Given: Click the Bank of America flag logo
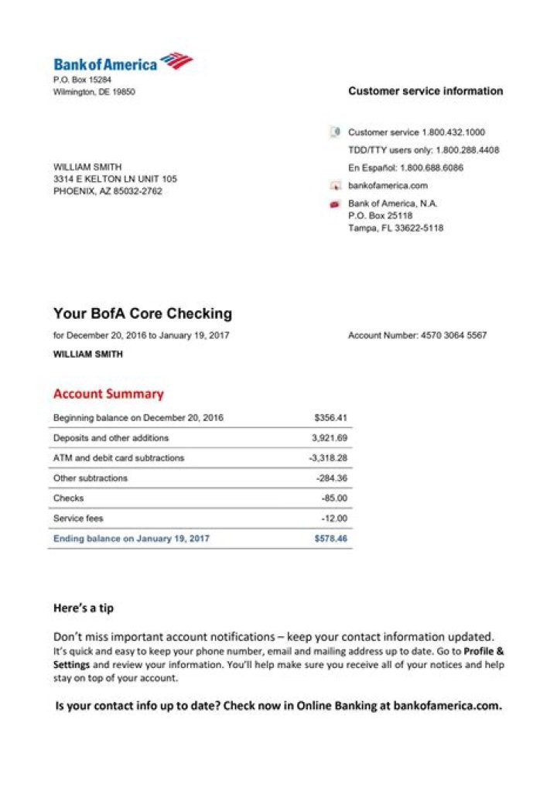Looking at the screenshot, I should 176,61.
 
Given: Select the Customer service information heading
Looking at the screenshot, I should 425,91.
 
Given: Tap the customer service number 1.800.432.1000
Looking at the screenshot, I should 453,132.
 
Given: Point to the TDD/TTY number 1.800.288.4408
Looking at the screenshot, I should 467,150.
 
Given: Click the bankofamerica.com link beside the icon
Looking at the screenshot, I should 388,186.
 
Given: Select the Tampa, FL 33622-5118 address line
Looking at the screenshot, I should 395,228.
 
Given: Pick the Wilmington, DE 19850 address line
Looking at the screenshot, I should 94,92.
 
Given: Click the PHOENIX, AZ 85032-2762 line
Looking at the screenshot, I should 108,191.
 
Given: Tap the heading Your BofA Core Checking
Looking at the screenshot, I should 142,313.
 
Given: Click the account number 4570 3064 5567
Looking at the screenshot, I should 453,336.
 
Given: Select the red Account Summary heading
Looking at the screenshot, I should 108,394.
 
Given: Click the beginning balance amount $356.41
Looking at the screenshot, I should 330,418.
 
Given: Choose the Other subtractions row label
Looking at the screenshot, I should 91,478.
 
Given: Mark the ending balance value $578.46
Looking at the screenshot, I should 330,539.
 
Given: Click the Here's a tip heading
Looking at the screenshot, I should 83,608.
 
